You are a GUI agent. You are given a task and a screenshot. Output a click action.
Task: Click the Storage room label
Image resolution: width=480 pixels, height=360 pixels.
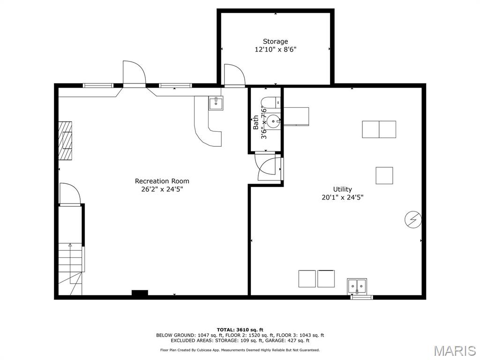[x=275, y=41]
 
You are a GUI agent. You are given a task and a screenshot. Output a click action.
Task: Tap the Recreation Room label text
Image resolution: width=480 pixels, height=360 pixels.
[x=162, y=181]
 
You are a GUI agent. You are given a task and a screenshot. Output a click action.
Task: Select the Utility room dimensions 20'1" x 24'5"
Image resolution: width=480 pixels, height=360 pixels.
[x=342, y=197]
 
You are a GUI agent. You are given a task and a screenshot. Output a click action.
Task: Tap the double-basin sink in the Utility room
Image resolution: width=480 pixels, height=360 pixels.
[x=357, y=285]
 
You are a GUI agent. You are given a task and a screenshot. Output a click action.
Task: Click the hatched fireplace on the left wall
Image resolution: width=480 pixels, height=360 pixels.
[x=66, y=141]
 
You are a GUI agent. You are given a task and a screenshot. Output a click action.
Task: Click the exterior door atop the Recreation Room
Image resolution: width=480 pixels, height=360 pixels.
[x=134, y=74]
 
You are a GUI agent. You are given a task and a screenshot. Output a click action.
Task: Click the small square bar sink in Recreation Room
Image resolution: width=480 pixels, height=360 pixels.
[x=216, y=103]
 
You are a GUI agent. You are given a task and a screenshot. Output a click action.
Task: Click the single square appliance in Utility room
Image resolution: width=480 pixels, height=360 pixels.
[x=384, y=175]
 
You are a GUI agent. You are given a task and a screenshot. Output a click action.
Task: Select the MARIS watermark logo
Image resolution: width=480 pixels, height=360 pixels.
[x=454, y=350]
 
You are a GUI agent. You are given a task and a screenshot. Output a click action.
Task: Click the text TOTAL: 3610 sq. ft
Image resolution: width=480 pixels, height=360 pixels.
[x=240, y=330]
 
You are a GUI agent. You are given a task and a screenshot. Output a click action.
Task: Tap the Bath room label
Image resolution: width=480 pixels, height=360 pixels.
[x=255, y=122]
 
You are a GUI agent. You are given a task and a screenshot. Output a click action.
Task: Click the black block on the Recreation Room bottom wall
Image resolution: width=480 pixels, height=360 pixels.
[x=140, y=293]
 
